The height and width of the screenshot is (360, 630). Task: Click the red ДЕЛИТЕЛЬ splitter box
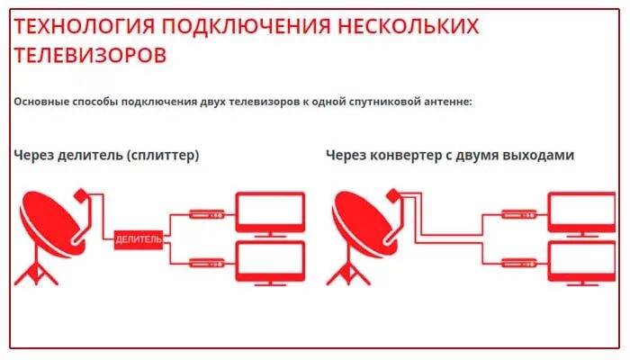(139, 239)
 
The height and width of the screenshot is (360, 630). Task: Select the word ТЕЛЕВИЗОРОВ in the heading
(90, 55)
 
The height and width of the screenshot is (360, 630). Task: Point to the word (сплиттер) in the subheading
(163, 156)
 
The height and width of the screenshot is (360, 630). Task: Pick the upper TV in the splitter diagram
(270, 213)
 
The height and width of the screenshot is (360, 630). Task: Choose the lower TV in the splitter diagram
(270, 263)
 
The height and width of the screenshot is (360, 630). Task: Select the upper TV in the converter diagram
(582, 213)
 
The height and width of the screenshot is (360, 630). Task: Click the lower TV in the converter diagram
(582, 263)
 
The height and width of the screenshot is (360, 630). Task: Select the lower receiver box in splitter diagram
(206, 262)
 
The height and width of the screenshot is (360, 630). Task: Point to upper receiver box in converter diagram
(519, 215)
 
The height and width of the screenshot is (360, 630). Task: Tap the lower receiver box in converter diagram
(519, 262)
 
